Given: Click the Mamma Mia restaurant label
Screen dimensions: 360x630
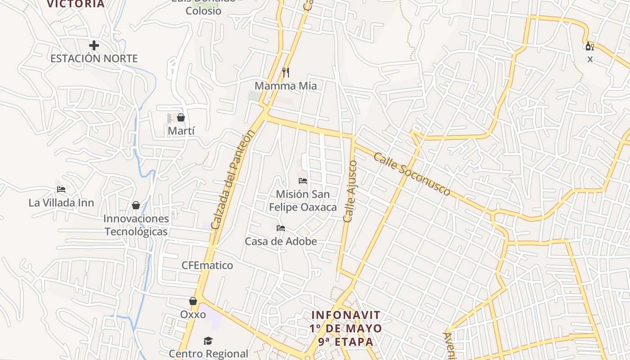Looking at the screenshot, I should pyautogui.click(x=286, y=85).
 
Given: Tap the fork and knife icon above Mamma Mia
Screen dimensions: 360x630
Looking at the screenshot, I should pyautogui.click(x=286, y=72).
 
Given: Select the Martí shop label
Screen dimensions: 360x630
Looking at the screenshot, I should pyautogui.click(x=181, y=131).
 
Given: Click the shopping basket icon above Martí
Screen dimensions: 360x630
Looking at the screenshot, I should pyautogui.click(x=181, y=117).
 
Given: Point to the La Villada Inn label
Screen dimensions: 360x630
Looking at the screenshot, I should pyautogui.click(x=61, y=202).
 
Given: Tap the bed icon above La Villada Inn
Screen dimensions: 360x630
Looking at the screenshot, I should pyautogui.click(x=61, y=189).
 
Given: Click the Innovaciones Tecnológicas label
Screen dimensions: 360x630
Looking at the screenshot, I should pyautogui.click(x=136, y=225).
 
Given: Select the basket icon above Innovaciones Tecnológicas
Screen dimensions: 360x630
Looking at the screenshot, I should pyautogui.click(x=136, y=206).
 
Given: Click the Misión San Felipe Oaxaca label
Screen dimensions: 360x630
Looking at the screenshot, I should pyautogui.click(x=303, y=201).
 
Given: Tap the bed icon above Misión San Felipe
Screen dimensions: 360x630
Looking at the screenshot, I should pyautogui.click(x=303, y=181).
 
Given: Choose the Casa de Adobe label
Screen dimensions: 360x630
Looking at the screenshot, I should pyautogui.click(x=281, y=241).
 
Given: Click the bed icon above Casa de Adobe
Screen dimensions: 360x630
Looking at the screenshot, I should pyautogui.click(x=281, y=228).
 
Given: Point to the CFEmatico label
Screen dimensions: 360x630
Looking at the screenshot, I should pyautogui.click(x=207, y=265).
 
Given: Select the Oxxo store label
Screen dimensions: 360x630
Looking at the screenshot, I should pyautogui.click(x=193, y=314).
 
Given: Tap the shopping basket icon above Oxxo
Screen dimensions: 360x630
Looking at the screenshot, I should pyautogui.click(x=193, y=301).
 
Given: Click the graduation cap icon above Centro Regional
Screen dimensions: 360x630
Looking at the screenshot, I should pyautogui.click(x=208, y=341).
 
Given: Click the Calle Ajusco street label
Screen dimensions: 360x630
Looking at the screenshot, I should pyautogui.click(x=350, y=191).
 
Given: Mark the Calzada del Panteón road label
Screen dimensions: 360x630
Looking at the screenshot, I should pyautogui.click(x=233, y=179).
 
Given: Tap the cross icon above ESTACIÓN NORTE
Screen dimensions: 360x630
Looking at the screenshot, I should pyautogui.click(x=94, y=45).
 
